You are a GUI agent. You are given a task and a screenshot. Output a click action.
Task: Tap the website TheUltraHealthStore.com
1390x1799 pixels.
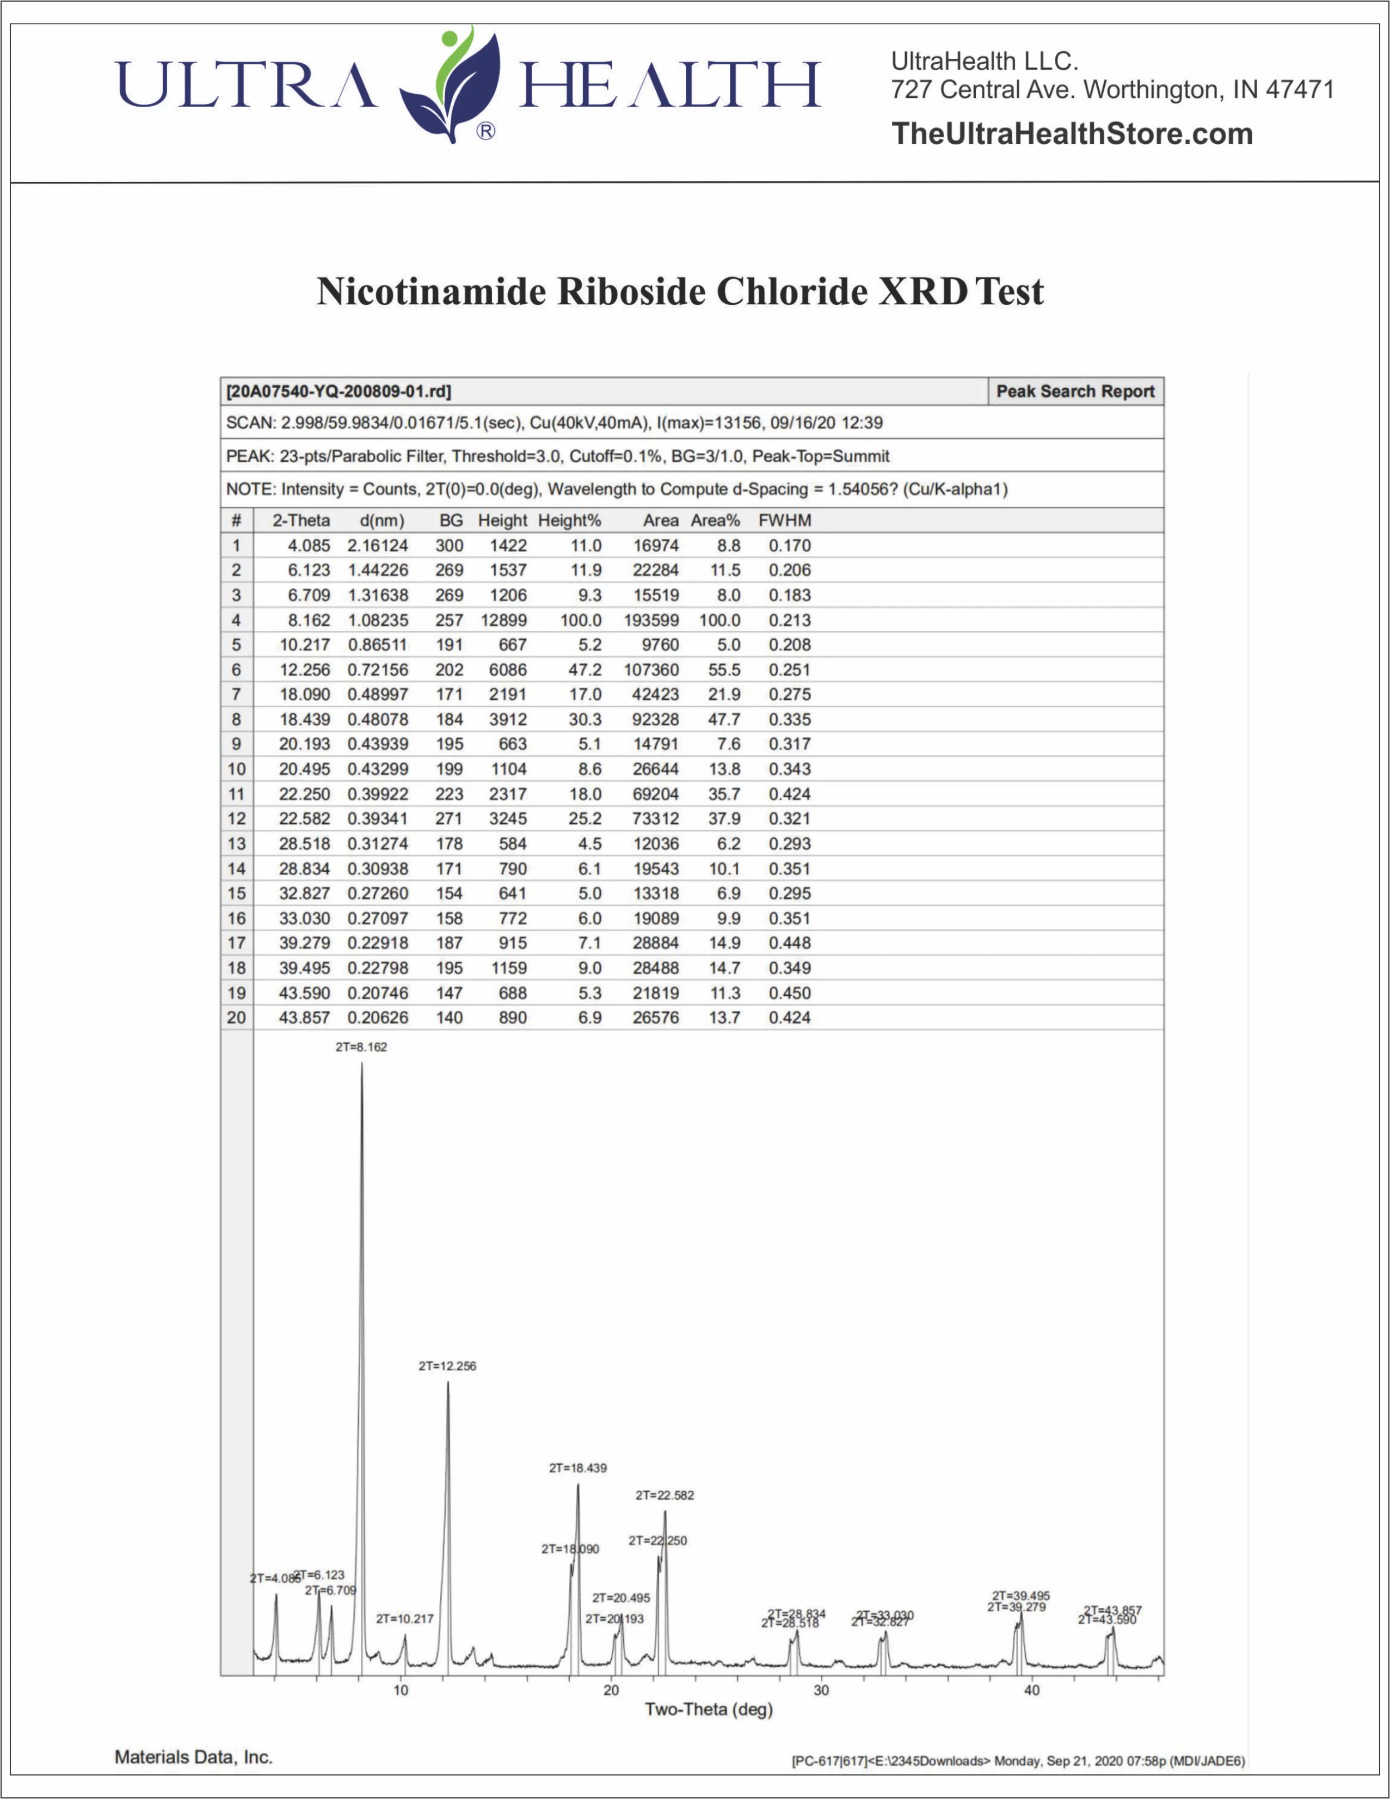click(x=1071, y=133)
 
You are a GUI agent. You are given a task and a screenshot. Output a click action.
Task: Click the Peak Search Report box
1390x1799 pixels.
click(x=1075, y=391)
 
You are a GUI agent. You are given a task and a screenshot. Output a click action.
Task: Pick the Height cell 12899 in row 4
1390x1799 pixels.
click(x=504, y=620)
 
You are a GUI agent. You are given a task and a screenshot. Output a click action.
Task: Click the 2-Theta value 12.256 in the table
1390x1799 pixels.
click(x=305, y=670)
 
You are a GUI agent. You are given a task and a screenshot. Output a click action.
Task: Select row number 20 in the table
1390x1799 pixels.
click(x=236, y=1017)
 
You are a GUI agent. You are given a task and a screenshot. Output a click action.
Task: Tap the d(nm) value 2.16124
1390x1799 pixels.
click(x=377, y=545)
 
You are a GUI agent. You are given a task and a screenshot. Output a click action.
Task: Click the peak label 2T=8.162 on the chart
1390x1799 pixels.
click(x=361, y=1047)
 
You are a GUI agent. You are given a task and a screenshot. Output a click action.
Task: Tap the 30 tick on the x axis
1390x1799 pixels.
click(x=821, y=1690)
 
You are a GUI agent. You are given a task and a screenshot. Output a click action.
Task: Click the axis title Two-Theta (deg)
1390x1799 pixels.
click(x=708, y=1709)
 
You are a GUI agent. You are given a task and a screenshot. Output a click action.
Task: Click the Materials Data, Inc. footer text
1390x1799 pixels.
click(x=194, y=1757)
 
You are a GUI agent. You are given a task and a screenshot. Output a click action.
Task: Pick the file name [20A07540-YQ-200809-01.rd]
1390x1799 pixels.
click(x=339, y=391)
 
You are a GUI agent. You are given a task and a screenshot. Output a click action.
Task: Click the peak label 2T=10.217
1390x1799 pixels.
click(x=404, y=1619)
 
